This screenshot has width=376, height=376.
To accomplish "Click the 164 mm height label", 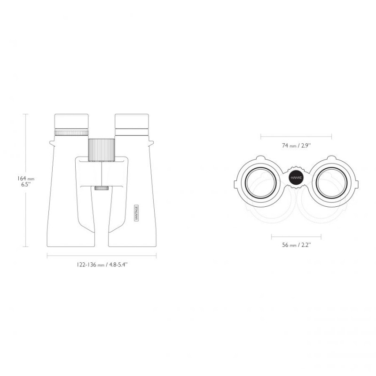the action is click(x=26, y=179).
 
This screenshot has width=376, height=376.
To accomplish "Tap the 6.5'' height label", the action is click(x=26, y=184).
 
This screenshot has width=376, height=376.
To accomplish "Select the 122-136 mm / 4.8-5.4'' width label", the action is click(x=102, y=265).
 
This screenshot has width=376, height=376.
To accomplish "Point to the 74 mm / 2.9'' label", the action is click(x=296, y=145).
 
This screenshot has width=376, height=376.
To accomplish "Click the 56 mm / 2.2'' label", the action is click(x=297, y=245).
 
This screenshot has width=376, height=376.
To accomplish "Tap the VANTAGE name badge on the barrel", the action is click(x=136, y=213).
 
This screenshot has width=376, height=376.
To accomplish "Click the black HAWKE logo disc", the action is click(x=296, y=178).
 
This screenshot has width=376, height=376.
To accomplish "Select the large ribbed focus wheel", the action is click(x=102, y=150).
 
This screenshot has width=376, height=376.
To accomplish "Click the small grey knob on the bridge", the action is click(x=102, y=188).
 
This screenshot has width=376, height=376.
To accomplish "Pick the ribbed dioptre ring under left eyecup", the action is click(x=71, y=133).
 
